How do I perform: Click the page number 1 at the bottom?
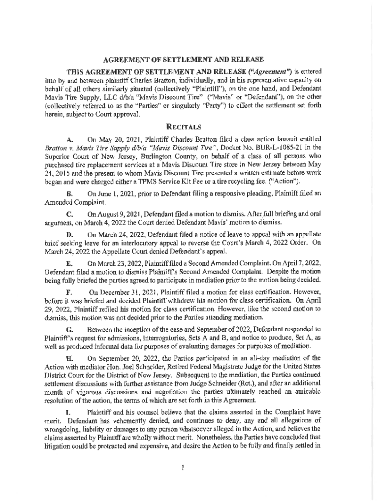tap(182, 468)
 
